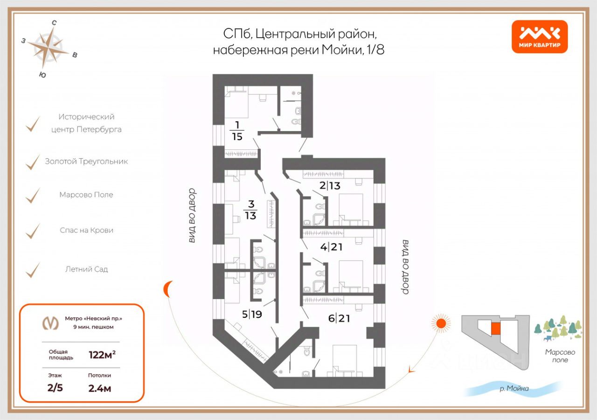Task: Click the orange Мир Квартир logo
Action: (x=539, y=36)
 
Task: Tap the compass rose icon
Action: (x=49, y=47)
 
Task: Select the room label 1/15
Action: (x=237, y=130)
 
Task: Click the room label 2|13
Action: (x=330, y=185)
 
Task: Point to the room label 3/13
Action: (x=250, y=210)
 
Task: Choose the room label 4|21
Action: (x=331, y=247)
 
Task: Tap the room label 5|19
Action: (x=252, y=314)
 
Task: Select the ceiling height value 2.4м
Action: (x=100, y=388)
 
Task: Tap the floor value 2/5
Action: (x=55, y=388)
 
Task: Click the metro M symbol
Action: (x=50, y=322)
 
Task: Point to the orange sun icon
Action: (x=439, y=322)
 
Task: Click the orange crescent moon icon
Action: (x=168, y=289)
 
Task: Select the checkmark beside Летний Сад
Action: (x=33, y=270)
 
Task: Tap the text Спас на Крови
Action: (x=86, y=230)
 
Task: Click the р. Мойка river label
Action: (x=514, y=388)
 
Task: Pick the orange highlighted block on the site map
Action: (x=495, y=328)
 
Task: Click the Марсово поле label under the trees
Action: (x=560, y=356)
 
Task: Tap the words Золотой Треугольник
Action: (x=86, y=161)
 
